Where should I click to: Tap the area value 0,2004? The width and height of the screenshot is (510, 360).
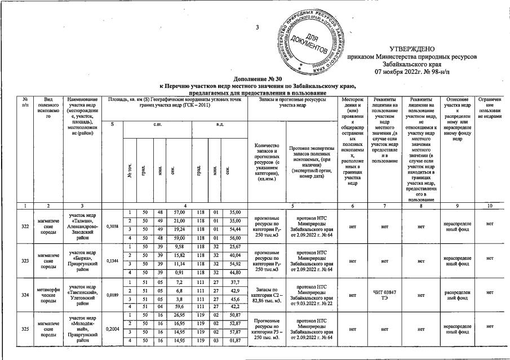[113, 328]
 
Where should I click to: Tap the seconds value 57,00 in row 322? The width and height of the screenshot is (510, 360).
[180, 212]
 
